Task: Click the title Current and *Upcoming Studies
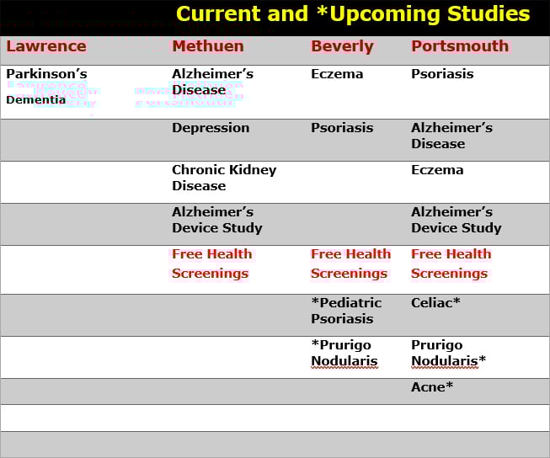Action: coord(353,14)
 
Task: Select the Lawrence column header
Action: coord(45,46)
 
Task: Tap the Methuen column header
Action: coord(207,46)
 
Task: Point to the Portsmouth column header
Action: coord(460,46)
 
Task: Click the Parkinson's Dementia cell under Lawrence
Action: coord(46,86)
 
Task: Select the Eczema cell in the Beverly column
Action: coord(337,74)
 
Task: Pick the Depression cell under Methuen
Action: coord(211,128)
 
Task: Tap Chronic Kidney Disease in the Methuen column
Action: coord(224,178)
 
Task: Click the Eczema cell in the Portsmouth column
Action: coord(437,170)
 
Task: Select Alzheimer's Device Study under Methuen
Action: coord(217,220)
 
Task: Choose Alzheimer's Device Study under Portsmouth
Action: coord(456,220)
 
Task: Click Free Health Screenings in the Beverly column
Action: coord(350,264)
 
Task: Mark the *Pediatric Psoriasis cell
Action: coord(345,311)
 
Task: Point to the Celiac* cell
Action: coord(435,302)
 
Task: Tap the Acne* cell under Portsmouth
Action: coord(432,387)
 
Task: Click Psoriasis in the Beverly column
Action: coord(342,128)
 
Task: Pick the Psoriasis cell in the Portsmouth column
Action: coord(442,74)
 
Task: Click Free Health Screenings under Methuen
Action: coord(211,264)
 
